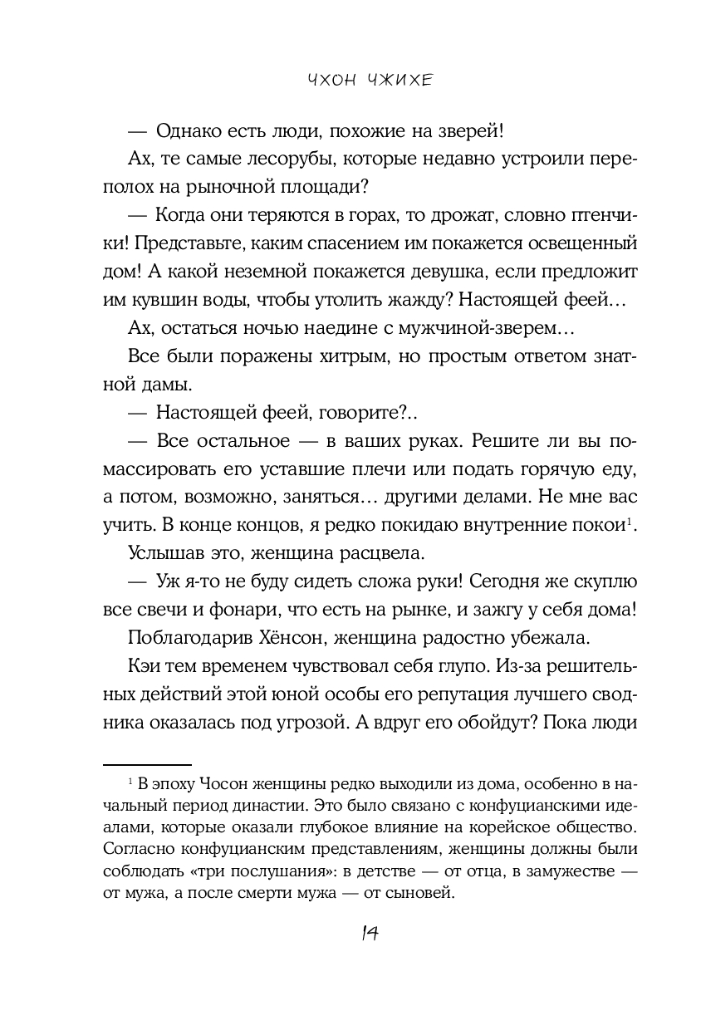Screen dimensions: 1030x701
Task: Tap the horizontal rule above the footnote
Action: [x=146, y=761]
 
